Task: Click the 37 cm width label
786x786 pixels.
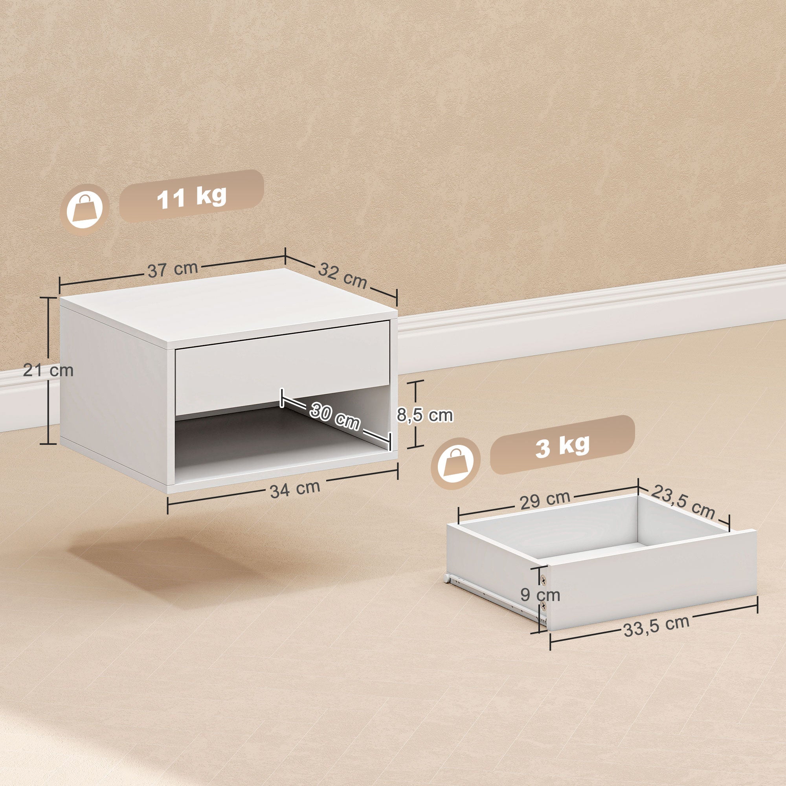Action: pos(173,269)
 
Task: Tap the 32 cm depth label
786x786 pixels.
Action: pos(343,275)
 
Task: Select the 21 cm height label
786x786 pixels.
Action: pos(48,371)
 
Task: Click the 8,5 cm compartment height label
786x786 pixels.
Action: pos(425,415)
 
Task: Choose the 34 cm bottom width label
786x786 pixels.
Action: pos(295,488)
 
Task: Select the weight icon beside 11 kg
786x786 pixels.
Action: pos(84,209)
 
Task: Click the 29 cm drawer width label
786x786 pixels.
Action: pos(545,500)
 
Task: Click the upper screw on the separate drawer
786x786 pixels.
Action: pos(544,578)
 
